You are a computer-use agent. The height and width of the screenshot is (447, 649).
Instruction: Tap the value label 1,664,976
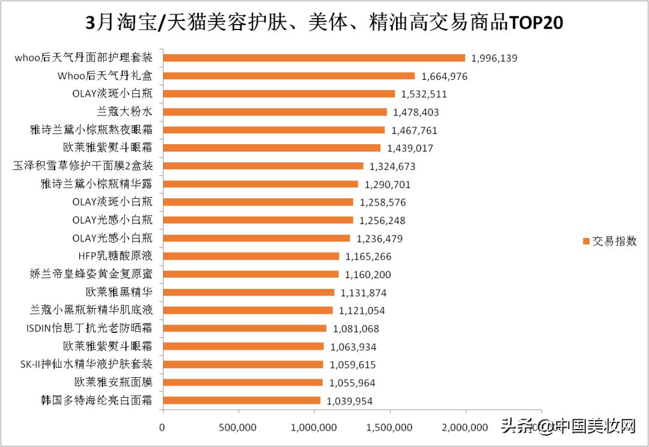pyautogui.click(x=444, y=76)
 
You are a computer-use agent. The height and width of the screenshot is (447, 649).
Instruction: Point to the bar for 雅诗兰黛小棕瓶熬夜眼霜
pyautogui.click(x=273, y=130)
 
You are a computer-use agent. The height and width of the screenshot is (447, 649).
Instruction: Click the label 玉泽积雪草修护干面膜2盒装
pyautogui.click(x=82, y=166)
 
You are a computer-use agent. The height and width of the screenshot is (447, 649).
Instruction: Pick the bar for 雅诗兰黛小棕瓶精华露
pyautogui.click(x=260, y=184)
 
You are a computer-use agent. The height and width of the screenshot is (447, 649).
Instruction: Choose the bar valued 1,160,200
pyautogui.click(x=251, y=275)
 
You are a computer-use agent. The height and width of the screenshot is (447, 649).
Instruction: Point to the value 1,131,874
pyautogui.click(x=363, y=293)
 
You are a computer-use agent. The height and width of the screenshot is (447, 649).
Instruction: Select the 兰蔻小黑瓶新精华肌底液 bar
pyautogui.click(x=248, y=310)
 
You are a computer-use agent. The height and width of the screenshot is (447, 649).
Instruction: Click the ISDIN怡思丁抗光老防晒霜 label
pyautogui.click(x=90, y=329)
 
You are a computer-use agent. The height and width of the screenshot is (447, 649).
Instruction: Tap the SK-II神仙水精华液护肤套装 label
pyautogui.click(x=86, y=364)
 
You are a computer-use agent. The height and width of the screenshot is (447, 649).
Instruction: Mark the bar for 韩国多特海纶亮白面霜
pyautogui.click(x=242, y=400)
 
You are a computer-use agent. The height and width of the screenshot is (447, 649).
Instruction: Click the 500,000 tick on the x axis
pyautogui.click(x=239, y=427)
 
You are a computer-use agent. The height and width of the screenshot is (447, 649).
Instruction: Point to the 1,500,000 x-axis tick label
pyautogui.click(x=391, y=427)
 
